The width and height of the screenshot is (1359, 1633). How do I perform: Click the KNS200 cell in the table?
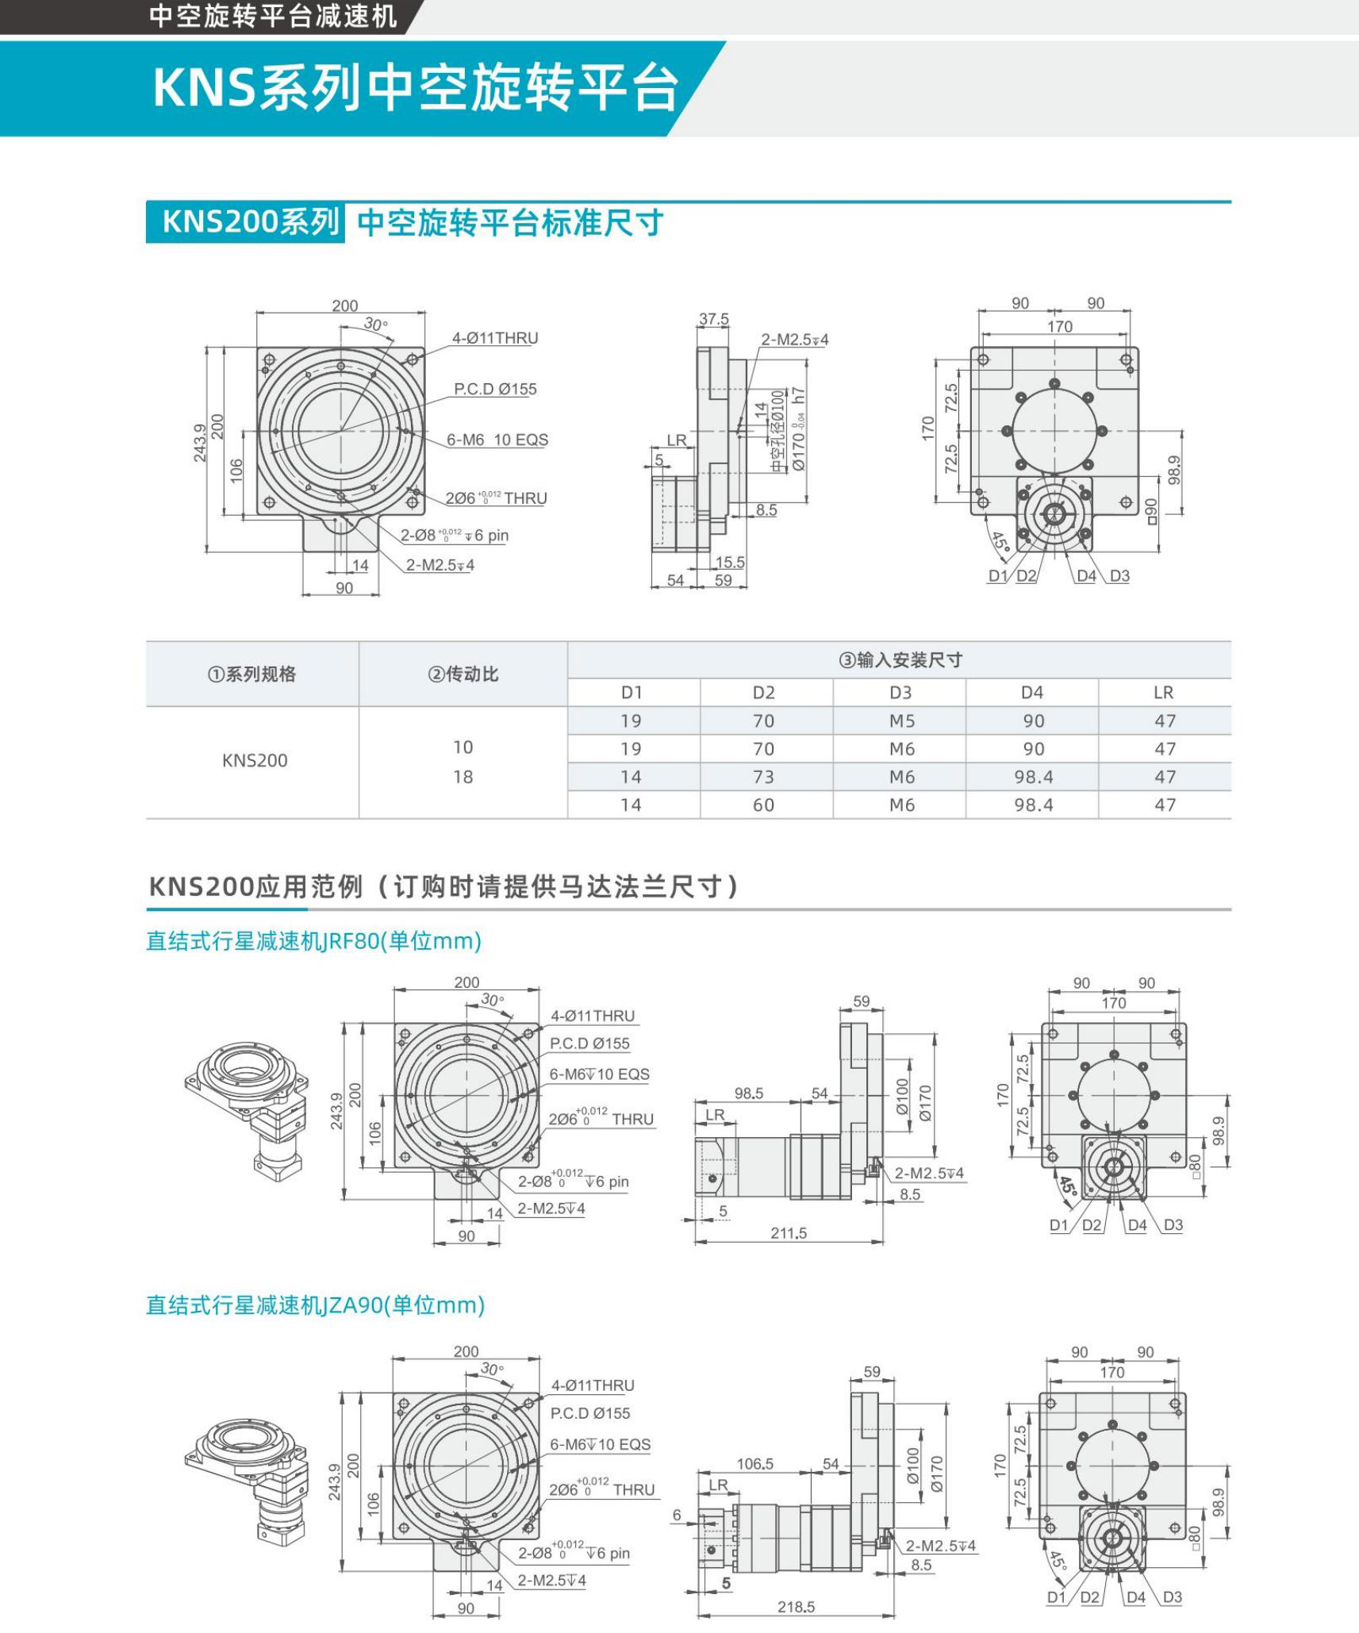255,760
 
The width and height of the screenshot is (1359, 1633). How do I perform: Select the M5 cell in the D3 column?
901,721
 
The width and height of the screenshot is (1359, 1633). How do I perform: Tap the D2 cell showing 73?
763,777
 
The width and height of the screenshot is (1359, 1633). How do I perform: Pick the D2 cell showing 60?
763,805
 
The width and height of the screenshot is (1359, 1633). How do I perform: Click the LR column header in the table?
1163,692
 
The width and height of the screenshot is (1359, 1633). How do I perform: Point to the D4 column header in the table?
1031,692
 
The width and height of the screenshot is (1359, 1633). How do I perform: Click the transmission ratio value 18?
463,777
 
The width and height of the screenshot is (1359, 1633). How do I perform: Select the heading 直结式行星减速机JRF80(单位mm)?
313,941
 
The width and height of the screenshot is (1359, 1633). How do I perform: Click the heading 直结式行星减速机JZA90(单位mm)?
315,1305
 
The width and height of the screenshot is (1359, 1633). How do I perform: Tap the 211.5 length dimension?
789,1233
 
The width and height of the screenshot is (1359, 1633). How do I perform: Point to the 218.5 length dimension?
796,1607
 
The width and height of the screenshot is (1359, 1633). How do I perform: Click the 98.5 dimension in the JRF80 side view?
748,1093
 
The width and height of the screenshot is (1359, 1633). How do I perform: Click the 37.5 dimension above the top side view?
713,319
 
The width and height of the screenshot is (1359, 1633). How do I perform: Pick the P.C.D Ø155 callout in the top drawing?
495,389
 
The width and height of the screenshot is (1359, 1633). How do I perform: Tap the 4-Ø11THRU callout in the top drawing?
495,338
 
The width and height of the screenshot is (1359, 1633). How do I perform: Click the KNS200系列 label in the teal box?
249,221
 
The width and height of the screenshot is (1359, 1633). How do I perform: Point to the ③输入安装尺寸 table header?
900,659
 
